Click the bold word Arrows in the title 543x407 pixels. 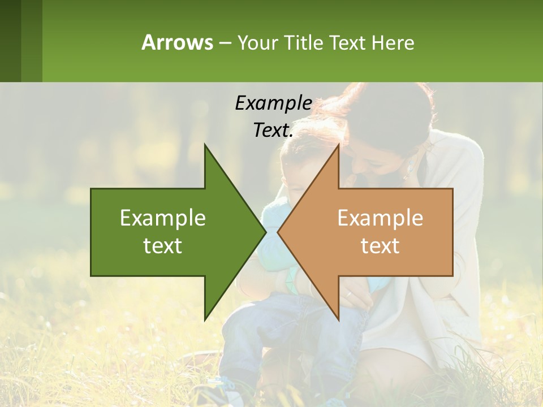177,42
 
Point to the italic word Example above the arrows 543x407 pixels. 273,103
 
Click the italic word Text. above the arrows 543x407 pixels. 273,130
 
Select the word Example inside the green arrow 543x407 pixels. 163,218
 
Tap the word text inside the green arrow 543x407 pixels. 163,246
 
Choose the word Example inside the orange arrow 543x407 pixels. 380,218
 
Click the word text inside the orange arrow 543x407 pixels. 380,246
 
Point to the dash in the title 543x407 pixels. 225,43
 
